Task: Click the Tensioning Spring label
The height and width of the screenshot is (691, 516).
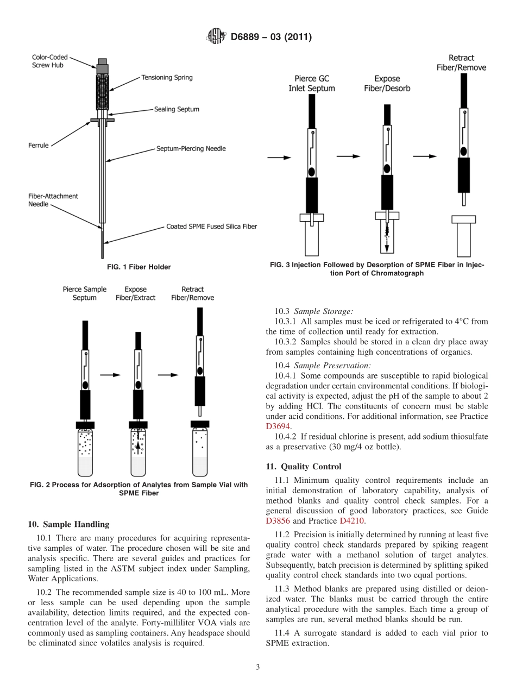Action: tap(167, 78)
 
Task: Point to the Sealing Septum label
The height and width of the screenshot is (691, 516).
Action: tap(176, 109)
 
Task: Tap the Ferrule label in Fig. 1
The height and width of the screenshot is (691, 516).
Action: tap(39, 146)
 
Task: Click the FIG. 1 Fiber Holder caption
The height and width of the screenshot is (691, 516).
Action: tap(139, 267)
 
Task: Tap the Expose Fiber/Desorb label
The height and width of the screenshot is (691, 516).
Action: tap(387, 83)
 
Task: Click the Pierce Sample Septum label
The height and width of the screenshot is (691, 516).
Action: tap(85, 293)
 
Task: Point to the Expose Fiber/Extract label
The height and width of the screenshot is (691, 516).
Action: tap(135, 293)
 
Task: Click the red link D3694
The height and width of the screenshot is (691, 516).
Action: tap(278, 426)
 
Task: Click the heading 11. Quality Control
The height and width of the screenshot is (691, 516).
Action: tap(304, 467)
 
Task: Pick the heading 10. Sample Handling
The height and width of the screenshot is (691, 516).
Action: tap(68, 524)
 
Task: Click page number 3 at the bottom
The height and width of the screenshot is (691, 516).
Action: tap(257, 667)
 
